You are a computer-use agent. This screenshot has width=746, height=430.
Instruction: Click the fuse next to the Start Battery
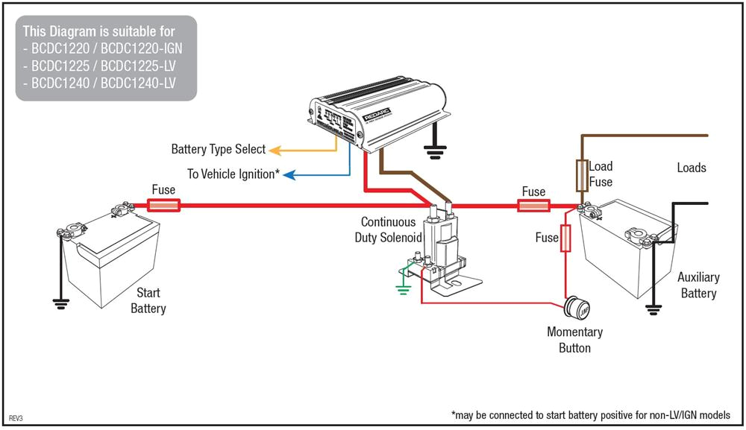tap(163, 205)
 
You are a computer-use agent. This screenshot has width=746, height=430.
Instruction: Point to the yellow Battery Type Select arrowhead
tap(273, 150)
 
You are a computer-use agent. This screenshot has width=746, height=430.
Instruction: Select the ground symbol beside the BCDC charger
tap(433, 152)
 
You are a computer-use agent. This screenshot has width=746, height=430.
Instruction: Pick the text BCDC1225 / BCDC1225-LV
tap(102, 65)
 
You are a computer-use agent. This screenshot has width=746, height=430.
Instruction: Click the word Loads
tap(691, 168)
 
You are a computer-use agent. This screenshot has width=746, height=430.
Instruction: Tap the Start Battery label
tap(148, 300)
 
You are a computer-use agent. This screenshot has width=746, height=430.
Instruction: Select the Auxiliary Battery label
tap(698, 285)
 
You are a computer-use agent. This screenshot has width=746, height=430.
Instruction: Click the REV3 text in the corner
tap(16, 419)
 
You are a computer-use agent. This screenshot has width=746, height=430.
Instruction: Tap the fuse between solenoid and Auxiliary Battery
tap(533, 205)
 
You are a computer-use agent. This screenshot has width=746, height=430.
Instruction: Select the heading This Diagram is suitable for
tap(99, 31)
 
